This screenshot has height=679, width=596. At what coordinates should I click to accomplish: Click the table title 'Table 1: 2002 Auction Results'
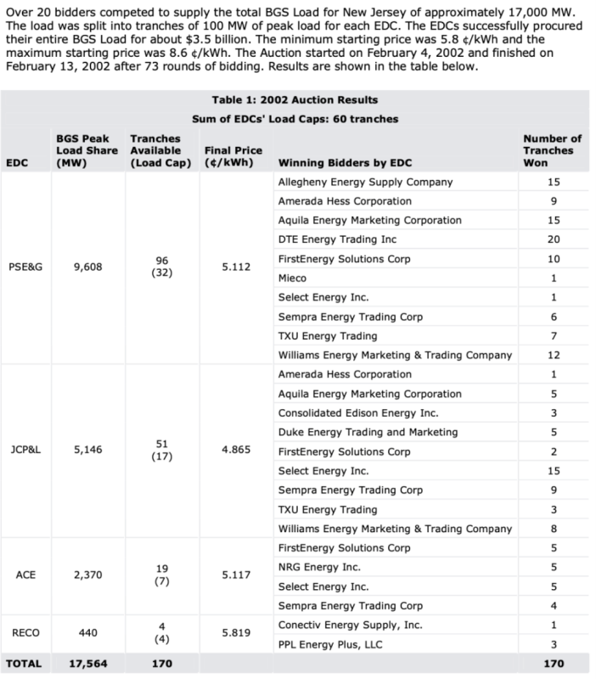(x=295, y=100)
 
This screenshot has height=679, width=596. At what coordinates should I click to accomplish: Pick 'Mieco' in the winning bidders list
(x=293, y=278)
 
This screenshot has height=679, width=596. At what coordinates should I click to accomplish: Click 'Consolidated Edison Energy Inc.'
(x=357, y=412)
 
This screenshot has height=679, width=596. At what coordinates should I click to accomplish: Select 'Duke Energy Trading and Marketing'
(x=368, y=432)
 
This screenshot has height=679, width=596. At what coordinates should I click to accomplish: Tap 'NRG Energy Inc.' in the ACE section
(x=319, y=567)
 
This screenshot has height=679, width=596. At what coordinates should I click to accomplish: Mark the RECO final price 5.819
(x=235, y=634)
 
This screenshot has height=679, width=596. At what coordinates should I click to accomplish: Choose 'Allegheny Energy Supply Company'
(x=365, y=182)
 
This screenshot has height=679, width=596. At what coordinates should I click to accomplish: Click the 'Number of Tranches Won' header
(x=552, y=150)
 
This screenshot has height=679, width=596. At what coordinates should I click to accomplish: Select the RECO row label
(x=25, y=634)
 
